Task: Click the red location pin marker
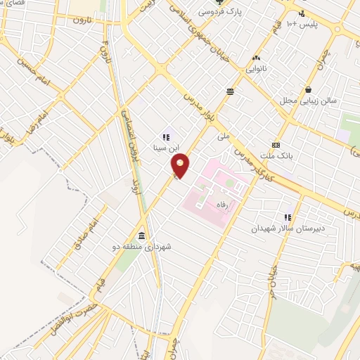coord(181,166)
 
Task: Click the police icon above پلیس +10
coord(302,13)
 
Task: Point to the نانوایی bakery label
coord(255,69)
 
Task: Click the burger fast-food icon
coord(230,91)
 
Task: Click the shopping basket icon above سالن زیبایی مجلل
coord(309,89)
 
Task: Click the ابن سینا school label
coord(167,148)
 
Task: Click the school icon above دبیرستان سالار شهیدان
coord(287,217)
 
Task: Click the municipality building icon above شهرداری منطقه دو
coord(143,235)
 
